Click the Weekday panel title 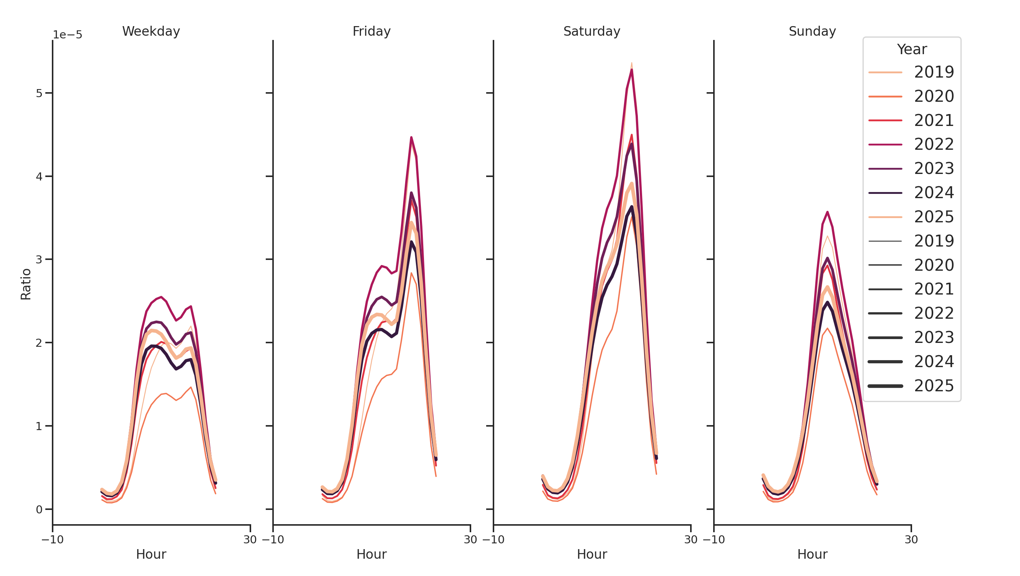point(151,31)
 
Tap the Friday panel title point(371,31)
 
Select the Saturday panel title point(591,31)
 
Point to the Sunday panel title point(812,31)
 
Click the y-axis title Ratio point(26,284)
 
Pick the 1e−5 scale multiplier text point(67,35)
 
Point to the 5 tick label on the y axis point(39,93)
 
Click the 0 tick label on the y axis point(39,510)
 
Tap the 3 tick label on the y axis point(39,260)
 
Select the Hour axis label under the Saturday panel point(591,554)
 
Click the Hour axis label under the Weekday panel point(151,554)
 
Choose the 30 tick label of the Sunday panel point(911,540)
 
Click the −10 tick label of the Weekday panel point(52,540)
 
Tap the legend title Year point(911,50)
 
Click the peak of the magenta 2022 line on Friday point(411,137)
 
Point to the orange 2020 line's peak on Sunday point(827,328)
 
